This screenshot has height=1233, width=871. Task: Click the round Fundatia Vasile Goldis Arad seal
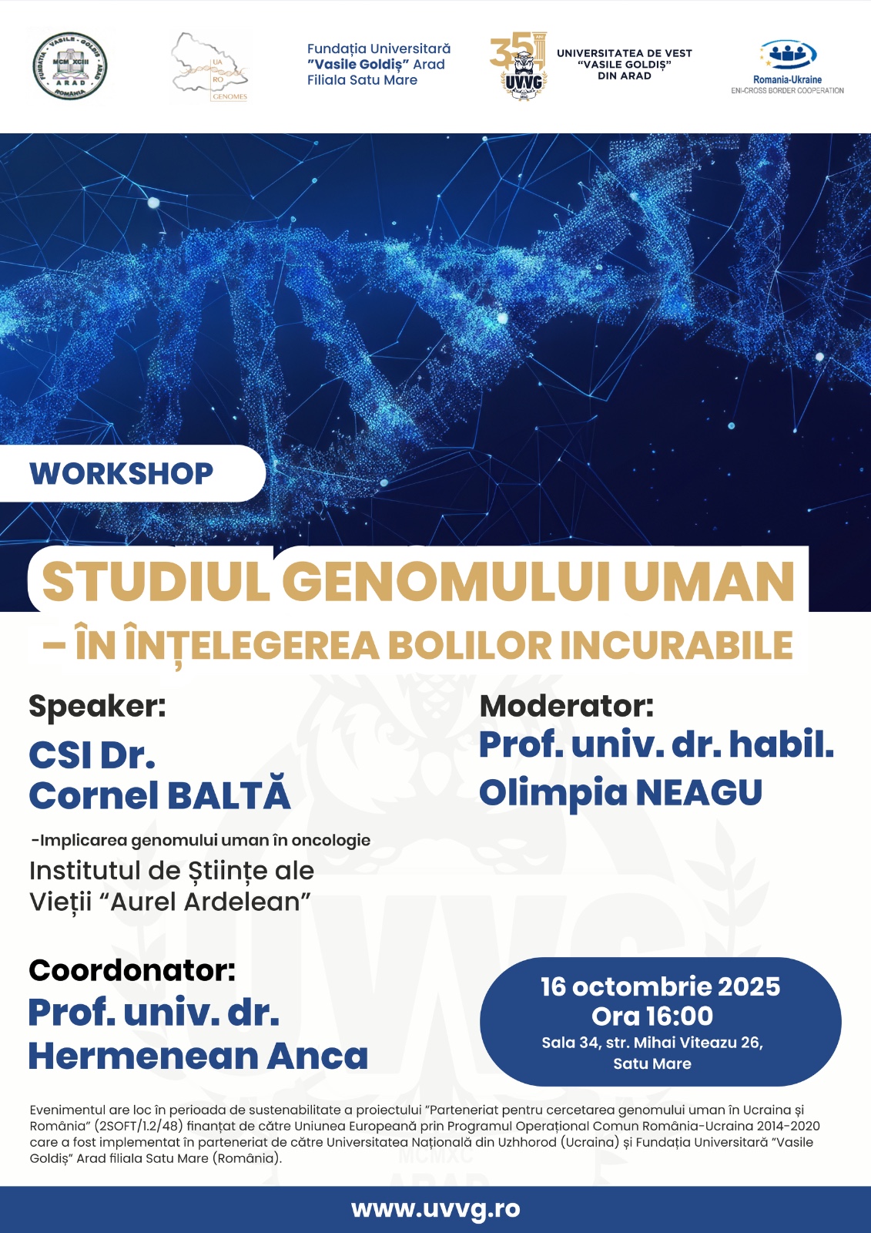coord(70,66)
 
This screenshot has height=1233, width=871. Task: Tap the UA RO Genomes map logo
coord(210,67)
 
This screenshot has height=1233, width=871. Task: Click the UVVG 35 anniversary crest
coord(518,66)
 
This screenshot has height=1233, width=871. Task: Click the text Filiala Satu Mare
coord(362,80)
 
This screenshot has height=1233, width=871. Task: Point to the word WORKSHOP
coord(122,473)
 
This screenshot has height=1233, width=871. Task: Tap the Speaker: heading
coord(97,706)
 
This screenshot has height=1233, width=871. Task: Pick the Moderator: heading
coord(566,706)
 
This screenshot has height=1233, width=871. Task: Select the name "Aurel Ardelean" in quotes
coord(210,902)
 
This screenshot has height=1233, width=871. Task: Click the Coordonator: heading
coord(132,970)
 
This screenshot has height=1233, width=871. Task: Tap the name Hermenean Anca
coord(198,1056)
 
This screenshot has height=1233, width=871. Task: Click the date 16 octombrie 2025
coord(660,986)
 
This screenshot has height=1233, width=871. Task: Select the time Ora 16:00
coord(652,1016)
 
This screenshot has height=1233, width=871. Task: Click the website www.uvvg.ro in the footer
coord(435,1209)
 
